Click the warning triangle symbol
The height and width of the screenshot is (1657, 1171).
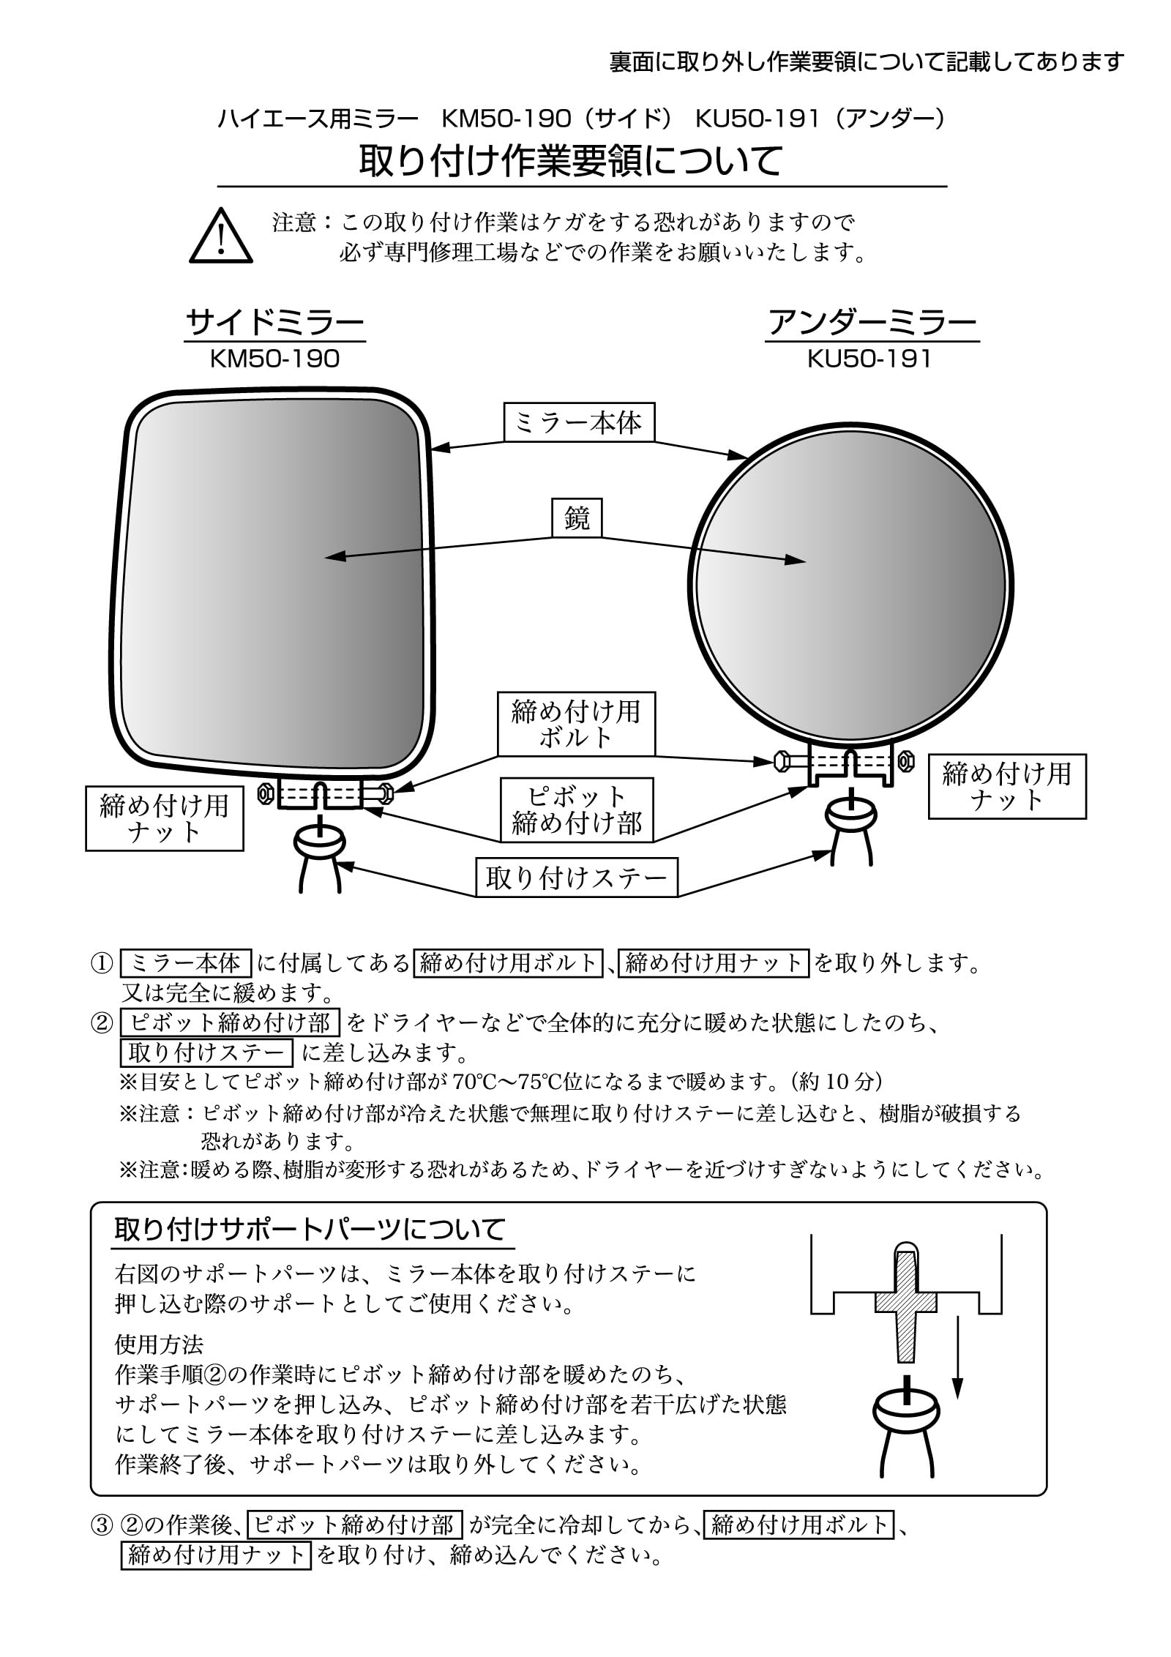(x=220, y=236)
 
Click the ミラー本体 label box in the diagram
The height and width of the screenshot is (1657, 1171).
(x=578, y=422)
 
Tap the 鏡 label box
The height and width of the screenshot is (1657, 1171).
(x=577, y=519)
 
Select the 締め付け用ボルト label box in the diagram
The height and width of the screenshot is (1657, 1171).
(x=576, y=724)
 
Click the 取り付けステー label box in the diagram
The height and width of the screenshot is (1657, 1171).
(x=577, y=878)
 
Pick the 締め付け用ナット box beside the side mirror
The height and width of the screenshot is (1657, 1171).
(x=164, y=818)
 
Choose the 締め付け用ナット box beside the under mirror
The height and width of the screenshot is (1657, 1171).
(x=1006, y=786)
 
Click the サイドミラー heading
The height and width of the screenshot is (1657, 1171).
(x=274, y=323)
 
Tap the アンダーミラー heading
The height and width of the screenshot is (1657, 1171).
(x=872, y=323)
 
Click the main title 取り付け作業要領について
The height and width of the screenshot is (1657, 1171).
(x=571, y=162)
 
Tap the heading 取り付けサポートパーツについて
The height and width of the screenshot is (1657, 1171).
(x=310, y=1230)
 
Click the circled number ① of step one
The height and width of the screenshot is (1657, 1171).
(x=101, y=963)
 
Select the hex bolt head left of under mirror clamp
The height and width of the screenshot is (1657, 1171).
(x=780, y=761)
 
